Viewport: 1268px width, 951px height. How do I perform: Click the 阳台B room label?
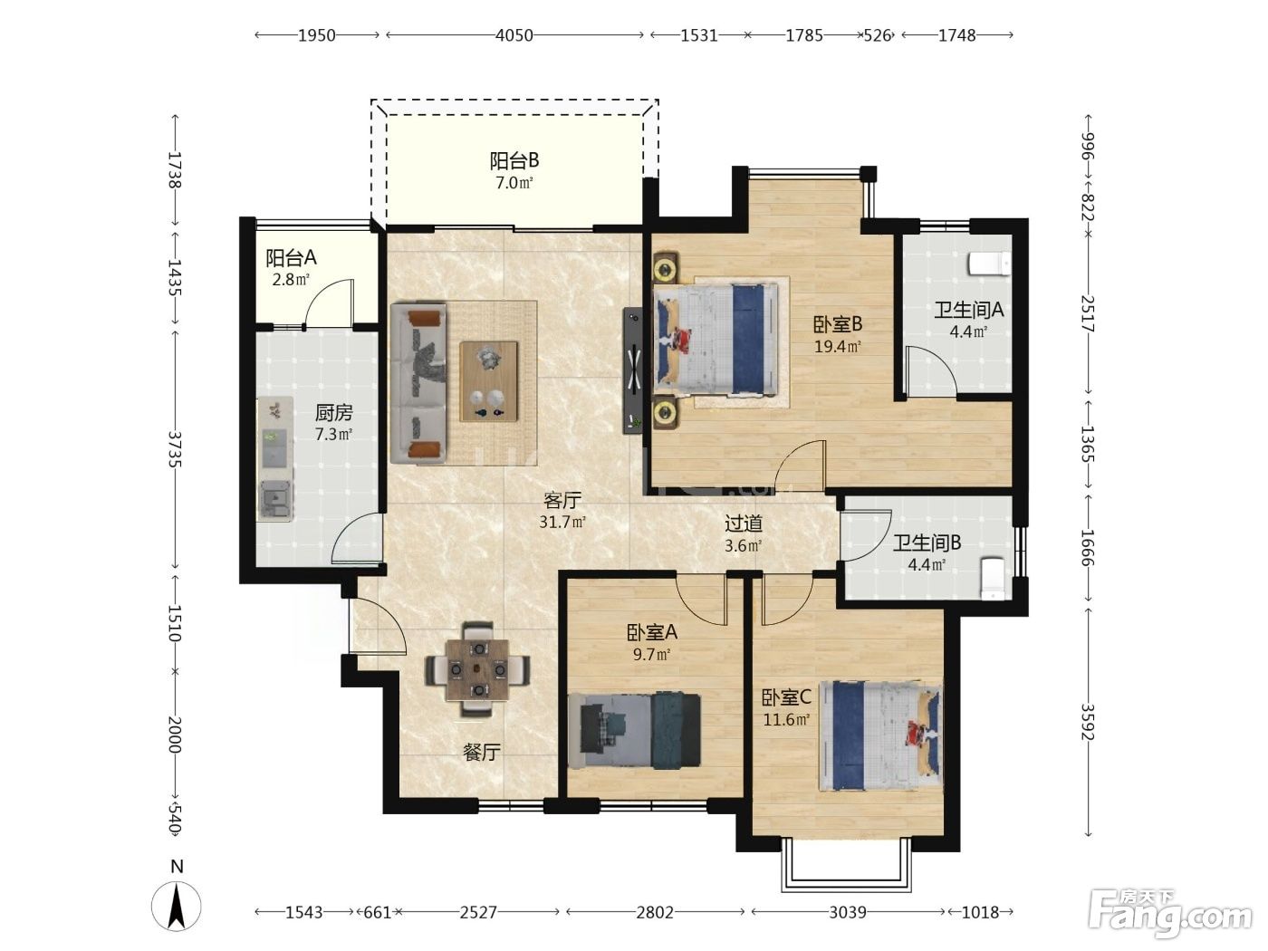514,160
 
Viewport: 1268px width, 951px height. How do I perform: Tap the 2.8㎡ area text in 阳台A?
291,280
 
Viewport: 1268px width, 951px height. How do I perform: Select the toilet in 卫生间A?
990,264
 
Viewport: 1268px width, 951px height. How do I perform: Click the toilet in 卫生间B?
993,578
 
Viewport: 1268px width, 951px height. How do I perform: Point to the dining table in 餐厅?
477,669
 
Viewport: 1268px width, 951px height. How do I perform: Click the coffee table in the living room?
489,381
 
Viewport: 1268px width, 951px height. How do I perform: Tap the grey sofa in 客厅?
418,383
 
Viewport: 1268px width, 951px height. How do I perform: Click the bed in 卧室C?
880,736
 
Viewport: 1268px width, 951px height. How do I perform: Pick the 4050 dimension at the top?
514,35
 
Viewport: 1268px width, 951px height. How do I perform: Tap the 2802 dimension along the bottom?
655,912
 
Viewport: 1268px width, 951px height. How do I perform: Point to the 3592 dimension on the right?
1088,721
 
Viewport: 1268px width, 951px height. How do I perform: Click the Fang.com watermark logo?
1170,915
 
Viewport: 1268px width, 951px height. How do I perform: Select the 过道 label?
744,524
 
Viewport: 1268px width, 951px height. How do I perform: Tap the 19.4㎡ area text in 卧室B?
838,347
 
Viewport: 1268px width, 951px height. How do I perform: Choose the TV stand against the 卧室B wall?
633,370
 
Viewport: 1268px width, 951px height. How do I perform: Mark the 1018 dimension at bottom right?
980,912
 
